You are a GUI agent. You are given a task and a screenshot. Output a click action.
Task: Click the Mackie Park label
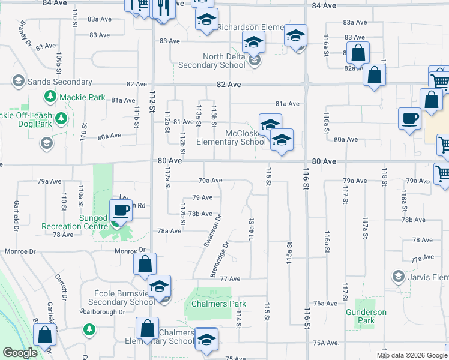tap(83, 97)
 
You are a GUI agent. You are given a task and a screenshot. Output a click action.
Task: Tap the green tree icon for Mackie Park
tap(50, 97)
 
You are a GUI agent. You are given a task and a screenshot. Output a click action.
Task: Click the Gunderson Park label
tap(366, 316)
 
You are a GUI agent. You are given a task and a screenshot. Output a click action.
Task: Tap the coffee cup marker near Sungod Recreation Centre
tap(121, 211)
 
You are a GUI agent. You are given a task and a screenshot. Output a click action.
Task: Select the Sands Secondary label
tap(59, 82)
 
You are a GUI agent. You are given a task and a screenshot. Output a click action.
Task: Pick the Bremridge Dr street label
tap(220, 260)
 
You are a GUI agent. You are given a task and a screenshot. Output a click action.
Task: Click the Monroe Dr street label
tap(135, 250)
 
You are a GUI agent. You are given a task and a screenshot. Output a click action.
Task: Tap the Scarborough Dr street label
tap(102, 312)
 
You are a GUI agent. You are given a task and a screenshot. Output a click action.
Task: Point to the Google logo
tap(20, 353)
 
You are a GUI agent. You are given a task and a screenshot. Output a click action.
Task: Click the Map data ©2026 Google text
tap(412, 355)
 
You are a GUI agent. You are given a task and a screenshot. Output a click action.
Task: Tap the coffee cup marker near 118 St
tap(409, 118)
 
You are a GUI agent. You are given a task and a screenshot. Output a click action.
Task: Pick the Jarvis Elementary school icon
tap(397, 277)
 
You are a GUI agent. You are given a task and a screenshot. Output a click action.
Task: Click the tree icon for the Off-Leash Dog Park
tap(60, 119)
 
